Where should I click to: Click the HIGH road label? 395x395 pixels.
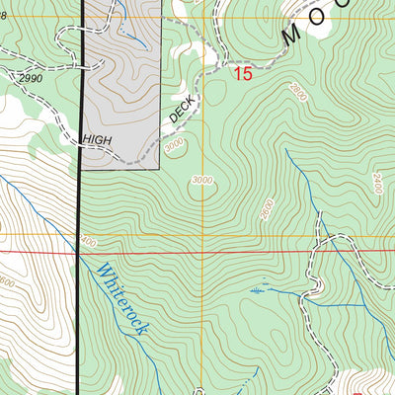pos(97,140)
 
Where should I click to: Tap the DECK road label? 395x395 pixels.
pos(183,110)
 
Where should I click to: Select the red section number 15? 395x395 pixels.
pos(243,74)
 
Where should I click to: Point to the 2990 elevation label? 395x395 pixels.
pos(31,77)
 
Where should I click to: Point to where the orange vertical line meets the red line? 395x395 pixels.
pos(204,251)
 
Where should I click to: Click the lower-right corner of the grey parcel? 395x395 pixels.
pos(160,169)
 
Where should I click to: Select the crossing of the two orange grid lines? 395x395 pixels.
pos(204,235)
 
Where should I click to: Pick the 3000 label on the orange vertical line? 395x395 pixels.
pos(202,180)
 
